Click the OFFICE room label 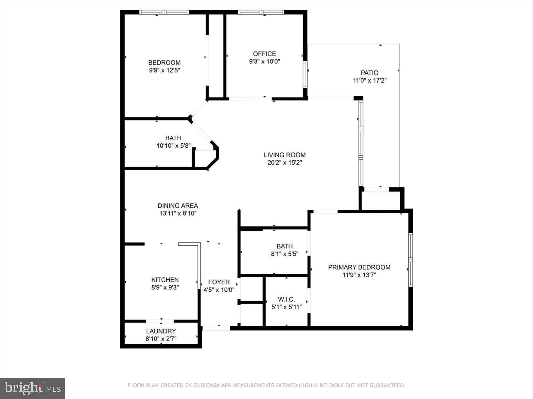[265, 54]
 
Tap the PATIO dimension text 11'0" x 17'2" [369, 80]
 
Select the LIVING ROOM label [284, 155]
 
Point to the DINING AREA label [178, 206]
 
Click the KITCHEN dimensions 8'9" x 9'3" [165, 288]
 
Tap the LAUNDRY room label [161, 331]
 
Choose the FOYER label [219, 282]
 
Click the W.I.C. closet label [286, 299]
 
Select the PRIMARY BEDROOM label [359, 267]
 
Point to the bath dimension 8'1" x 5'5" [284, 254]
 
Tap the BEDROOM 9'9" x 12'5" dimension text [165, 70]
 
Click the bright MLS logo [32, 388]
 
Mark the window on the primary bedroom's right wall [410, 259]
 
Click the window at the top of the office [261, 12]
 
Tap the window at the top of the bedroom [164, 12]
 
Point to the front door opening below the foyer [216, 328]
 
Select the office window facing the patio [305, 74]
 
